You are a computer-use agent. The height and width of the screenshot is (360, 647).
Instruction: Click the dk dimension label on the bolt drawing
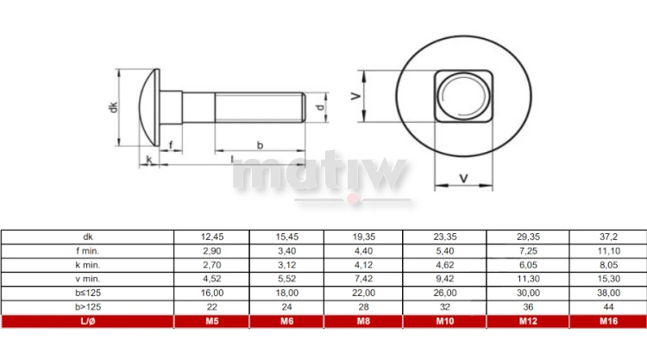[113, 107]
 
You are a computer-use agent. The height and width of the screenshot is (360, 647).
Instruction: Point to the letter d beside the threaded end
[320, 108]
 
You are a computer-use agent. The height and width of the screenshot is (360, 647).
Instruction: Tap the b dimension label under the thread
[260, 145]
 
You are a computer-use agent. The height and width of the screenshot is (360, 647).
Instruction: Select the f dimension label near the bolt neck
[171, 144]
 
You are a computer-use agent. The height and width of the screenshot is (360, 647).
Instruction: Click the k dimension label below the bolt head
[149, 159]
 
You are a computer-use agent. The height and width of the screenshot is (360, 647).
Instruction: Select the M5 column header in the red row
[211, 322]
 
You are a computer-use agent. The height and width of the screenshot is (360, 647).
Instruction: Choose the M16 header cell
[608, 322]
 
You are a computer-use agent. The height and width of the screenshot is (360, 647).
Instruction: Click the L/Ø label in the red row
[87, 322]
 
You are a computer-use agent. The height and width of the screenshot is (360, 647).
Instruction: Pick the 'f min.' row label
[87, 250]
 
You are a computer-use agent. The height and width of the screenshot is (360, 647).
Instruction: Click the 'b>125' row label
[87, 307]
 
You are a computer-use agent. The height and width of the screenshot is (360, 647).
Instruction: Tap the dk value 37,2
[608, 236]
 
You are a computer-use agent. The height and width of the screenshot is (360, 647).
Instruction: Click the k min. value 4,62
[444, 264]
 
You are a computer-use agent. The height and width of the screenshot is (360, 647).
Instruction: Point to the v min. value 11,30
[526, 279]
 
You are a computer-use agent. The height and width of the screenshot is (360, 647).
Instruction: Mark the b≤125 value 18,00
[286, 294]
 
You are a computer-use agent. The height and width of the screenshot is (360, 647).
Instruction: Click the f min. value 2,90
[211, 250]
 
